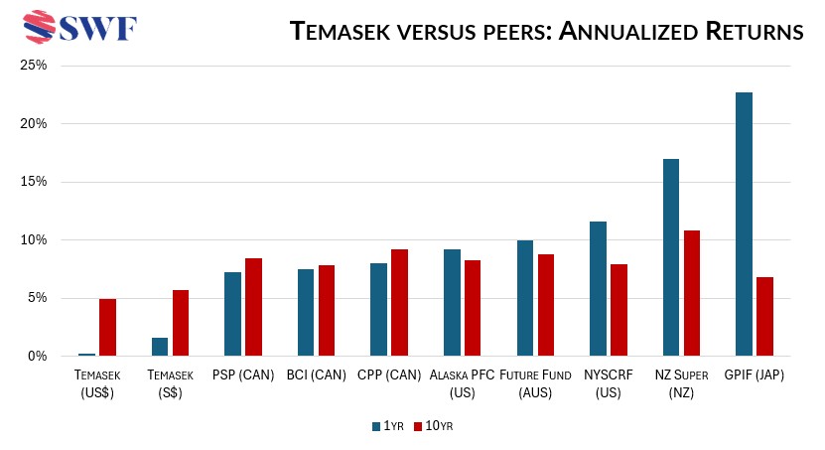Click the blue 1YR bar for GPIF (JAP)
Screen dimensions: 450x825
(744, 224)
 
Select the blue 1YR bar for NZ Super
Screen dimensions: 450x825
(670, 257)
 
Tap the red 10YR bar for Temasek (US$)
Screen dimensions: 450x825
(107, 327)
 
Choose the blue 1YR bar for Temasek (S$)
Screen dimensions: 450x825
(160, 347)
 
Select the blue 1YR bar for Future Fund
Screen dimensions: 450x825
(524, 298)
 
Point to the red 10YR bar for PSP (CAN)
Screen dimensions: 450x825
(253, 307)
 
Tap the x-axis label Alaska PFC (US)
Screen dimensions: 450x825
(461, 383)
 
